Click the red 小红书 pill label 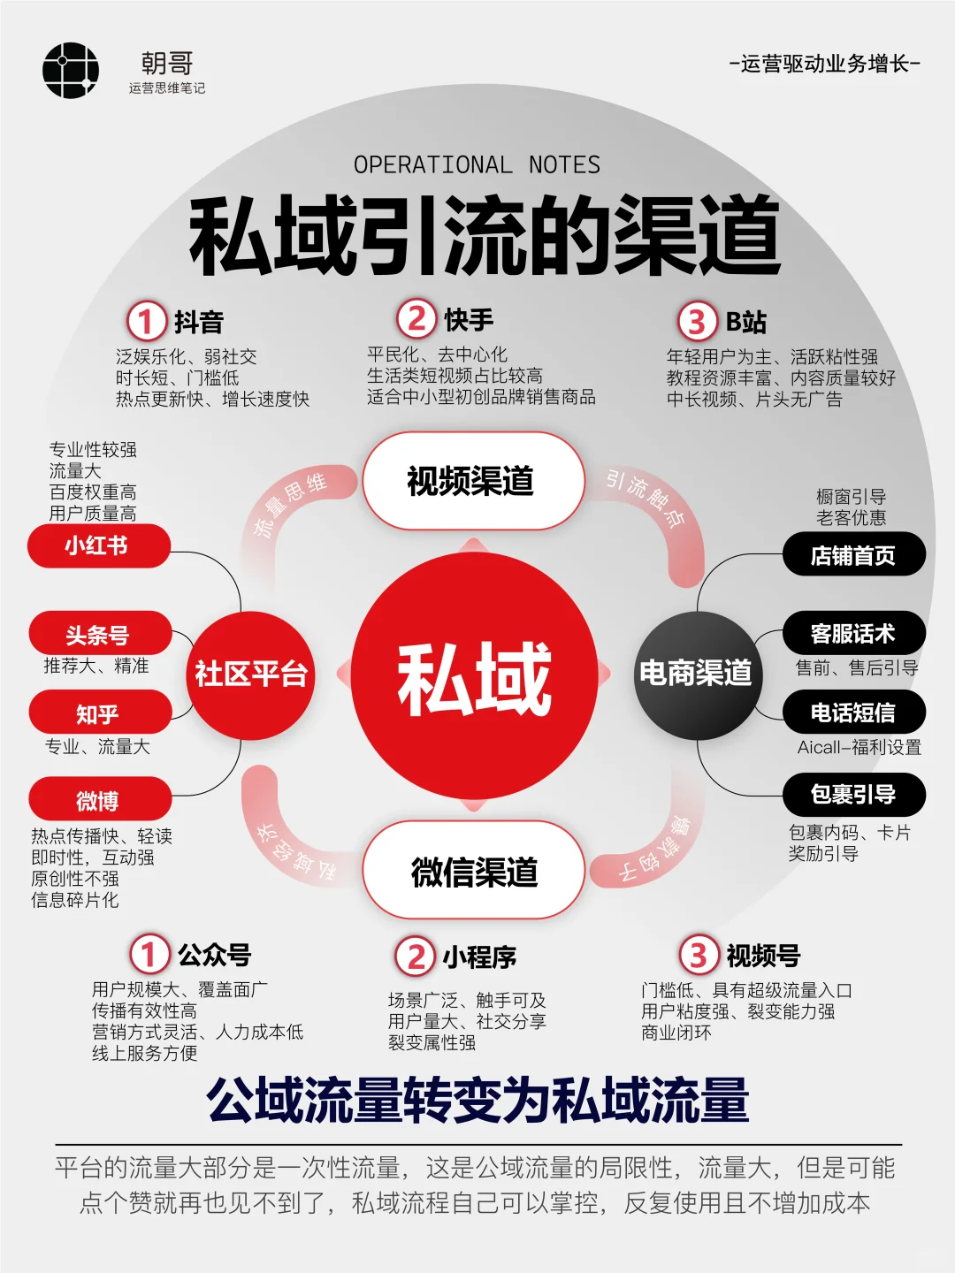(x=98, y=545)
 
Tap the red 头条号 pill (x=99, y=635)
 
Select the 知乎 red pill (x=99, y=713)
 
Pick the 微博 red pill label (x=99, y=800)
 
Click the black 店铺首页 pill (x=853, y=555)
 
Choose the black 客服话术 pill (x=853, y=634)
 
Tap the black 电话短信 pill (x=853, y=713)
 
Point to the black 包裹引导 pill (x=853, y=795)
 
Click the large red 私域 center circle (x=475, y=676)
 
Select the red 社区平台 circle (x=251, y=674)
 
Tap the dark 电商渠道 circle (x=697, y=674)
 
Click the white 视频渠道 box (x=472, y=481)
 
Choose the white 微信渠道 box (x=474, y=872)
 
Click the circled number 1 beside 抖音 (x=147, y=322)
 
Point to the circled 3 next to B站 (x=697, y=322)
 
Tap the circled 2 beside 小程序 (x=415, y=956)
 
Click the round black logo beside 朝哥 (x=71, y=71)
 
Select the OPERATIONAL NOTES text (x=477, y=165)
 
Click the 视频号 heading (x=763, y=956)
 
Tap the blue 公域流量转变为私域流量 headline (x=477, y=1101)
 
